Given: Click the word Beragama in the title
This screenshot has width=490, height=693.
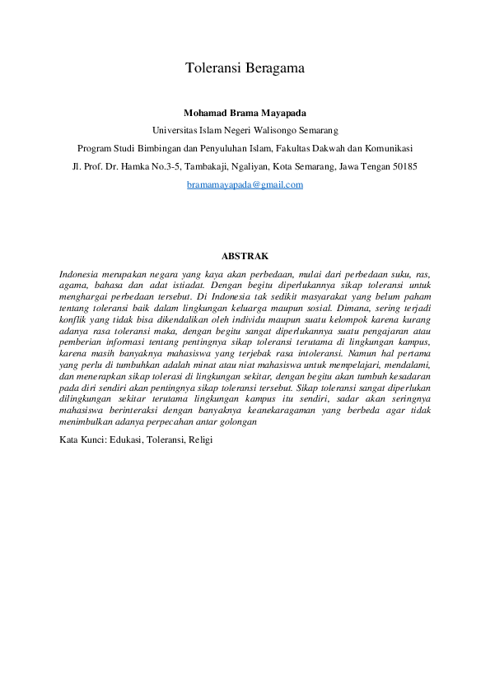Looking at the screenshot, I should tap(275, 69).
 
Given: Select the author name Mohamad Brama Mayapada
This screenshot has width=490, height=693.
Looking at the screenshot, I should tap(245, 113).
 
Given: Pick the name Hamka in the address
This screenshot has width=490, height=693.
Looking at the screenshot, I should tap(141, 167).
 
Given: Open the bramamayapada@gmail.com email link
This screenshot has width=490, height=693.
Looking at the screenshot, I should tap(245, 185).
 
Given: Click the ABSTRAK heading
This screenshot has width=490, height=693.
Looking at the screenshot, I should tap(245, 257).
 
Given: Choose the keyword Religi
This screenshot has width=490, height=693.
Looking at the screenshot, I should tap(199, 440).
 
